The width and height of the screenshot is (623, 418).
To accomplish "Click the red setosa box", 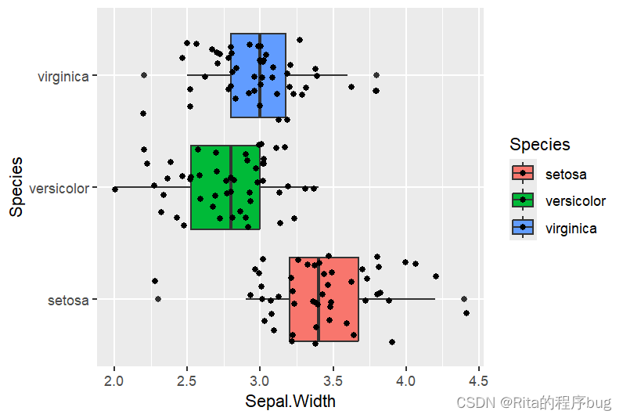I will tap(323, 299).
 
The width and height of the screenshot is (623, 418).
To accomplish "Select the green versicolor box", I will tap(225, 187).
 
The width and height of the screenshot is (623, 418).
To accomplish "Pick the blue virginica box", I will tap(258, 75).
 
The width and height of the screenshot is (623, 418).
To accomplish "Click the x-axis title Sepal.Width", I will tap(290, 402).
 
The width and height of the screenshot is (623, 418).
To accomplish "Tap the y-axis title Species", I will tap(16, 187).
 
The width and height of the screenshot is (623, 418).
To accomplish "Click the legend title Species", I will tap(539, 145).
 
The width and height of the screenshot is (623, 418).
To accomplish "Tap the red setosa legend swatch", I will tap(523, 174).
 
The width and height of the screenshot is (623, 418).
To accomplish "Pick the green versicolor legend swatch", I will tap(523, 200).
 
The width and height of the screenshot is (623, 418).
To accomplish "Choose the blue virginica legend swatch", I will tap(523, 228).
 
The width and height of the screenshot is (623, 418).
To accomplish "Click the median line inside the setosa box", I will tap(318, 299).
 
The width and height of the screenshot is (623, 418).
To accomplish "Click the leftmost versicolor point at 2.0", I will tap(115, 189).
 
